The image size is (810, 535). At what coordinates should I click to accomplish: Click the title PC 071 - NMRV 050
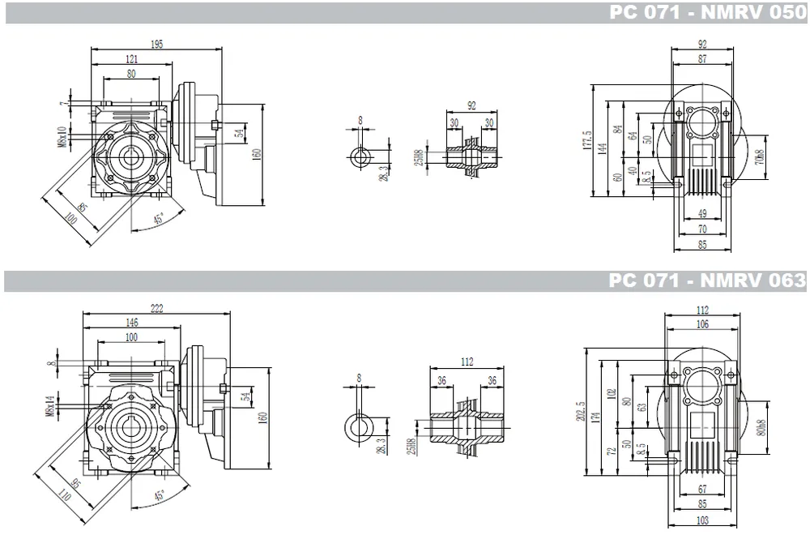click(707, 13)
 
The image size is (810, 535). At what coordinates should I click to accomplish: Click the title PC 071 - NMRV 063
click(707, 280)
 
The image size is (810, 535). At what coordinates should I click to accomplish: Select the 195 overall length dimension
click(156, 45)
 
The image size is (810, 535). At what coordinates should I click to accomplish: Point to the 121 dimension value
click(131, 60)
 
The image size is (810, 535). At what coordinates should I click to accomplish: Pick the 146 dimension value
click(130, 322)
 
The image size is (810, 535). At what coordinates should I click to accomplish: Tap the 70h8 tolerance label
click(759, 157)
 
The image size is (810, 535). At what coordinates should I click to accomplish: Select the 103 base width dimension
click(701, 520)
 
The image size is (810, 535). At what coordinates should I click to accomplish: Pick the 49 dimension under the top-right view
click(701, 213)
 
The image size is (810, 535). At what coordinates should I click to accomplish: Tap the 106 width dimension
click(701, 324)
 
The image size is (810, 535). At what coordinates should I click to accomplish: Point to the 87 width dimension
click(701, 59)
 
